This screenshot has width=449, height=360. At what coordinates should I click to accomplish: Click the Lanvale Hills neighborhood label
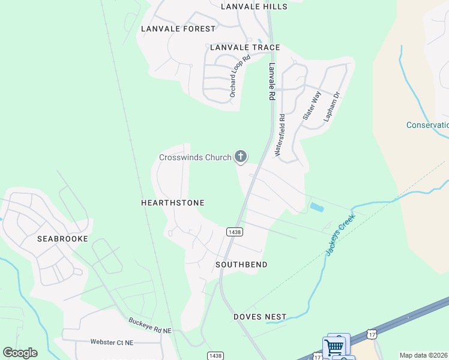tap(254, 7)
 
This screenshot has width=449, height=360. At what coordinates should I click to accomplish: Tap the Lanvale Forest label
tap(178, 29)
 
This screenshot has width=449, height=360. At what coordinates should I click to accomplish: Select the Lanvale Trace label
tap(245, 47)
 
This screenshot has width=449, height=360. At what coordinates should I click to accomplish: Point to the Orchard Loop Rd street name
tap(240, 77)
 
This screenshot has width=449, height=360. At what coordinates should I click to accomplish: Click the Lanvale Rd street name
tap(272, 82)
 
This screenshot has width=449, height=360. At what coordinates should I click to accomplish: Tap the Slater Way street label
tap(312, 106)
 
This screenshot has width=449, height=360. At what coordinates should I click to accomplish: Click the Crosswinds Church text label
tap(195, 158)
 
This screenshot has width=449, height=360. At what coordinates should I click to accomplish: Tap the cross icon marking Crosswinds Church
tap(241, 157)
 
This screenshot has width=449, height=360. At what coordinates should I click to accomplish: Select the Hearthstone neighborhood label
tap(172, 203)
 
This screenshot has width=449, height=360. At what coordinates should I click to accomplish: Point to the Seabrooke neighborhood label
tap(62, 239)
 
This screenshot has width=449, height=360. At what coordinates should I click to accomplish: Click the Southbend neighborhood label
tap(241, 265)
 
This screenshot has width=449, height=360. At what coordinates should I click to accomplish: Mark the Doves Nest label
tap(260, 317)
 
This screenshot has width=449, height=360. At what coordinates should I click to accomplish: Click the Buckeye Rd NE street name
tap(151, 326)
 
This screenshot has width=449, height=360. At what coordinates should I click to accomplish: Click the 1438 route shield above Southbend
tap(234, 232)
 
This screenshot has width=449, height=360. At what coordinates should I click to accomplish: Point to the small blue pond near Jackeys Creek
tap(316, 208)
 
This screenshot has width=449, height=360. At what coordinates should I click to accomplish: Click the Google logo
tap(20, 353)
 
